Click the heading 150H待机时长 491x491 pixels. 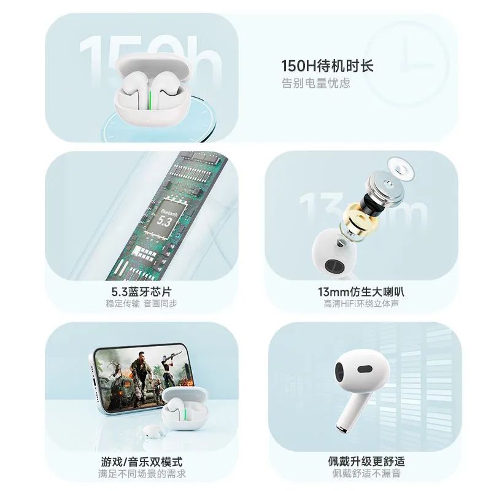coord(327,66)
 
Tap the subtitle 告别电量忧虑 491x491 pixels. coord(315,83)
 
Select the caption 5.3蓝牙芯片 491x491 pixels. coord(142,292)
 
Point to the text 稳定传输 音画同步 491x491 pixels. coord(142,303)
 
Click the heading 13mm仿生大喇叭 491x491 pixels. coord(361,292)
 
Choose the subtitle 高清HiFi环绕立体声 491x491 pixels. coord(361,303)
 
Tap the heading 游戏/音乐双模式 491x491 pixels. coord(142,462)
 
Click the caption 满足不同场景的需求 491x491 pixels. coord(142,473)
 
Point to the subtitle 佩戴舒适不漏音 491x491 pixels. coord(366,473)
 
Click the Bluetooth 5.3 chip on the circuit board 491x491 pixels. coord(166,217)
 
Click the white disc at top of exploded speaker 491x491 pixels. coord(401,168)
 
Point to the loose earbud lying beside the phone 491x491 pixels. coord(153,431)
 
